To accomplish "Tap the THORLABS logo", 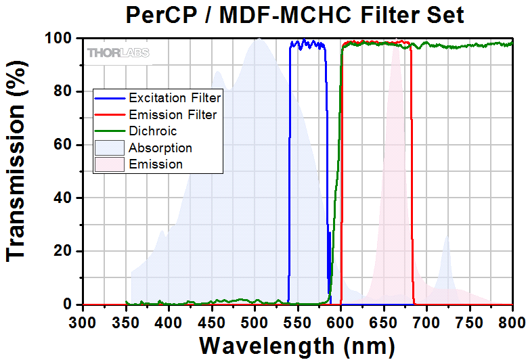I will tap(118, 52).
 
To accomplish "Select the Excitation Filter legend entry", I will tap(175, 97).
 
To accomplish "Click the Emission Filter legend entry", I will tap(173, 114).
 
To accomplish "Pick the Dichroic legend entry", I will tap(153, 131).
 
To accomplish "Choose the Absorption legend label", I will tap(160, 148).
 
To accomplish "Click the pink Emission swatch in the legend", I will tap(109, 164).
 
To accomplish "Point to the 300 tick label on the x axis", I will tap(83, 320).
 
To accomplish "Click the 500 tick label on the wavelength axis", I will tap(255, 320).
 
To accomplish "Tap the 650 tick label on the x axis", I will tap(384, 320).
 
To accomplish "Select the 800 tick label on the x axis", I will tap(512, 320).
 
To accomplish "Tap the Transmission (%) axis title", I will tap(18, 172).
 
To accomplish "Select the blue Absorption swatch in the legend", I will tap(109, 148).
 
